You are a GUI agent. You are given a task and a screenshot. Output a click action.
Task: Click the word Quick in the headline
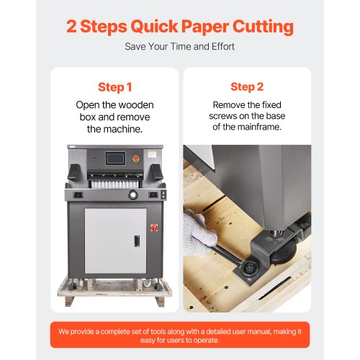[x=154, y=27]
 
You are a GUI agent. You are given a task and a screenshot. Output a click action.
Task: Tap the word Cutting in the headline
[x=263, y=27]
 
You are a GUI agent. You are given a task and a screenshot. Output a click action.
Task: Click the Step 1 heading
[x=115, y=87]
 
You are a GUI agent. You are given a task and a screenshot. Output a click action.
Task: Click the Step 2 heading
[x=247, y=86]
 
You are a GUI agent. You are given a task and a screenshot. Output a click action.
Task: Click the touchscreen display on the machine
[x=115, y=158]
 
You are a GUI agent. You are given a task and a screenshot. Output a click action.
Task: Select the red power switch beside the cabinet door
[x=154, y=228]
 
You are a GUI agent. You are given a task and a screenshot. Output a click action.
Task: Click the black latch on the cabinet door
[x=137, y=241]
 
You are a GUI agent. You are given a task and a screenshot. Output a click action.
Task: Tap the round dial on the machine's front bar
[x=132, y=194]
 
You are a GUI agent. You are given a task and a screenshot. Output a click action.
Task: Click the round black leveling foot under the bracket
[x=284, y=255]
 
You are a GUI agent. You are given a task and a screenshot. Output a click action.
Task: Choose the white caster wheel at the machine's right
[x=147, y=284]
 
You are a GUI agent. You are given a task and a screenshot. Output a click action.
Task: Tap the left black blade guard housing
[x=74, y=173]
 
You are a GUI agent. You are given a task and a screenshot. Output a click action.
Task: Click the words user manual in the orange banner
[x=247, y=332]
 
